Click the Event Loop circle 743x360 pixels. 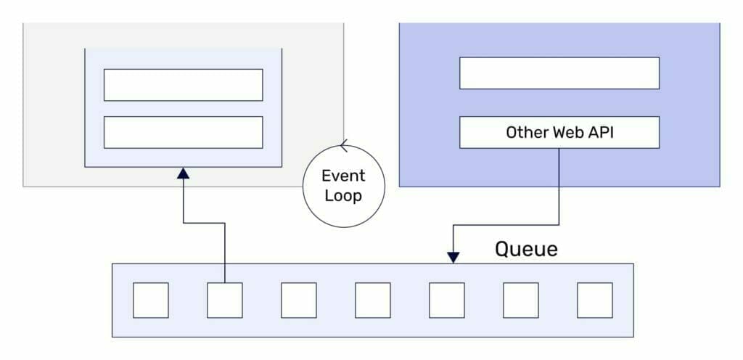pyautogui.click(x=343, y=185)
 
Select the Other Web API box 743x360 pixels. pyautogui.click(x=559, y=133)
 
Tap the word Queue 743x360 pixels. pyautogui.click(x=526, y=249)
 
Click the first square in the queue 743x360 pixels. pyautogui.click(x=151, y=300)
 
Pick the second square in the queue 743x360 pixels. pyautogui.click(x=225, y=300)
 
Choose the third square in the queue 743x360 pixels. pyautogui.click(x=299, y=300)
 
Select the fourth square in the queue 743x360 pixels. pyautogui.click(x=373, y=300)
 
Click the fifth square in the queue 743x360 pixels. pyautogui.click(x=447, y=300)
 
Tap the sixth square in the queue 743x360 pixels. pyautogui.click(x=521, y=300)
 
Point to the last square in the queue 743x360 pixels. pyautogui.click(x=595, y=300)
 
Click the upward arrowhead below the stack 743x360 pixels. pyautogui.click(x=184, y=173)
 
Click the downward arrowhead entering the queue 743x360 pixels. pyautogui.click(x=453, y=256)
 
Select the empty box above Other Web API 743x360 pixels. pyautogui.click(x=559, y=73)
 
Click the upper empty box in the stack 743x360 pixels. pyautogui.click(x=183, y=85)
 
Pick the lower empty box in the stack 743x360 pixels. pyautogui.click(x=183, y=132)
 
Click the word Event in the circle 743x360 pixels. pyautogui.click(x=343, y=176)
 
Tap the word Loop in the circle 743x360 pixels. pyautogui.click(x=343, y=196)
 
